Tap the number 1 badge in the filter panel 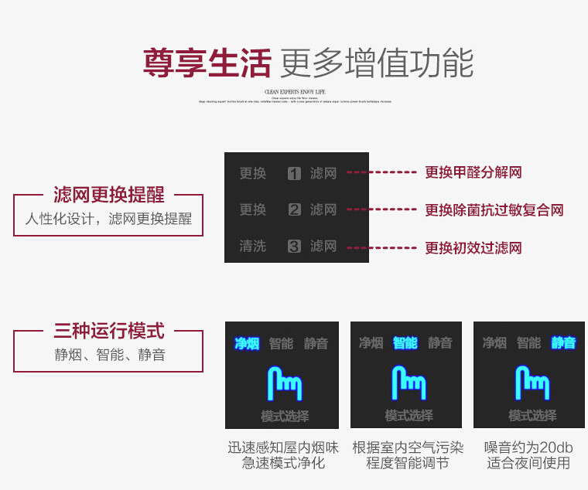click(x=294, y=174)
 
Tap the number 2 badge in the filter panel click(x=294, y=210)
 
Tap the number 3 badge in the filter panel click(x=294, y=247)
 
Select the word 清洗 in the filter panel click(x=252, y=247)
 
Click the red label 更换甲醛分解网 click(x=473, y=172)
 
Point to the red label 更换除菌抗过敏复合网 click(x=494, y=209)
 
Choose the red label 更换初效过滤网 click(x=473, y=248)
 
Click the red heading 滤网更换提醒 click(x=109, y=195)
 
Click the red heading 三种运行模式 click(x=109, y=332)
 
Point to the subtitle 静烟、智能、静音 click(x=109, y=356)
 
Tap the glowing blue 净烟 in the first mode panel click(x=247, y=343)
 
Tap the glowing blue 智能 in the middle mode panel click(x=405, y=343)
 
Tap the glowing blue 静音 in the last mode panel click(x=563, y=343)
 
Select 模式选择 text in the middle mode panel click(x=409, y=415)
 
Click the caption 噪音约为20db click(x=528, y=447)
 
